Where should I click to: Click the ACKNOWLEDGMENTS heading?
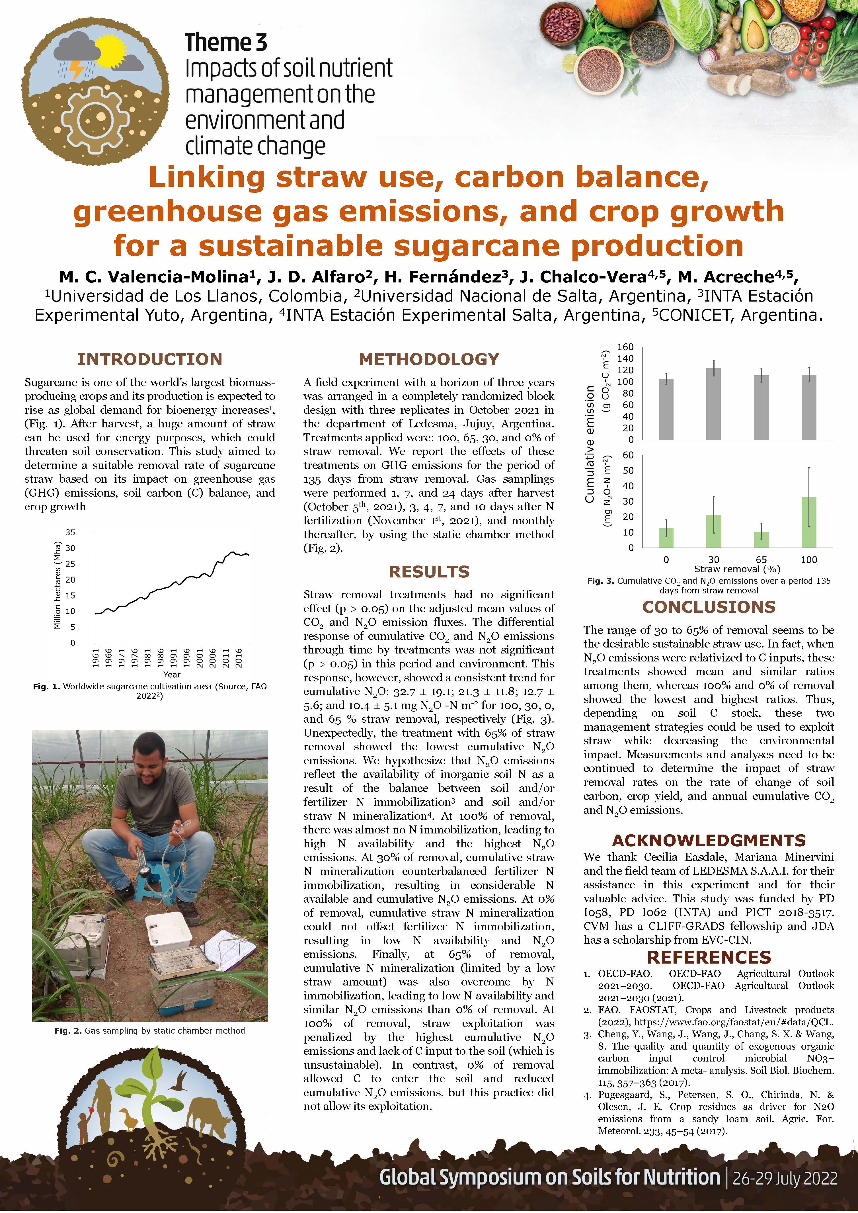pyautogui.click(x=709, y=840)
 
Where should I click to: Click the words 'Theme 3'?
pyautogui.click(x=225, y=42)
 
